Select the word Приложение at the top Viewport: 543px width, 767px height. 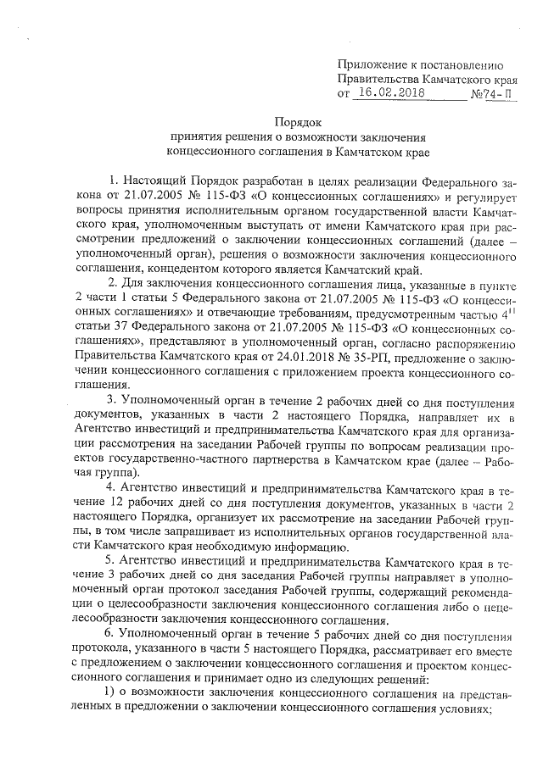click(372, 64)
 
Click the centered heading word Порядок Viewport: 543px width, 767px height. click(298, 122)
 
